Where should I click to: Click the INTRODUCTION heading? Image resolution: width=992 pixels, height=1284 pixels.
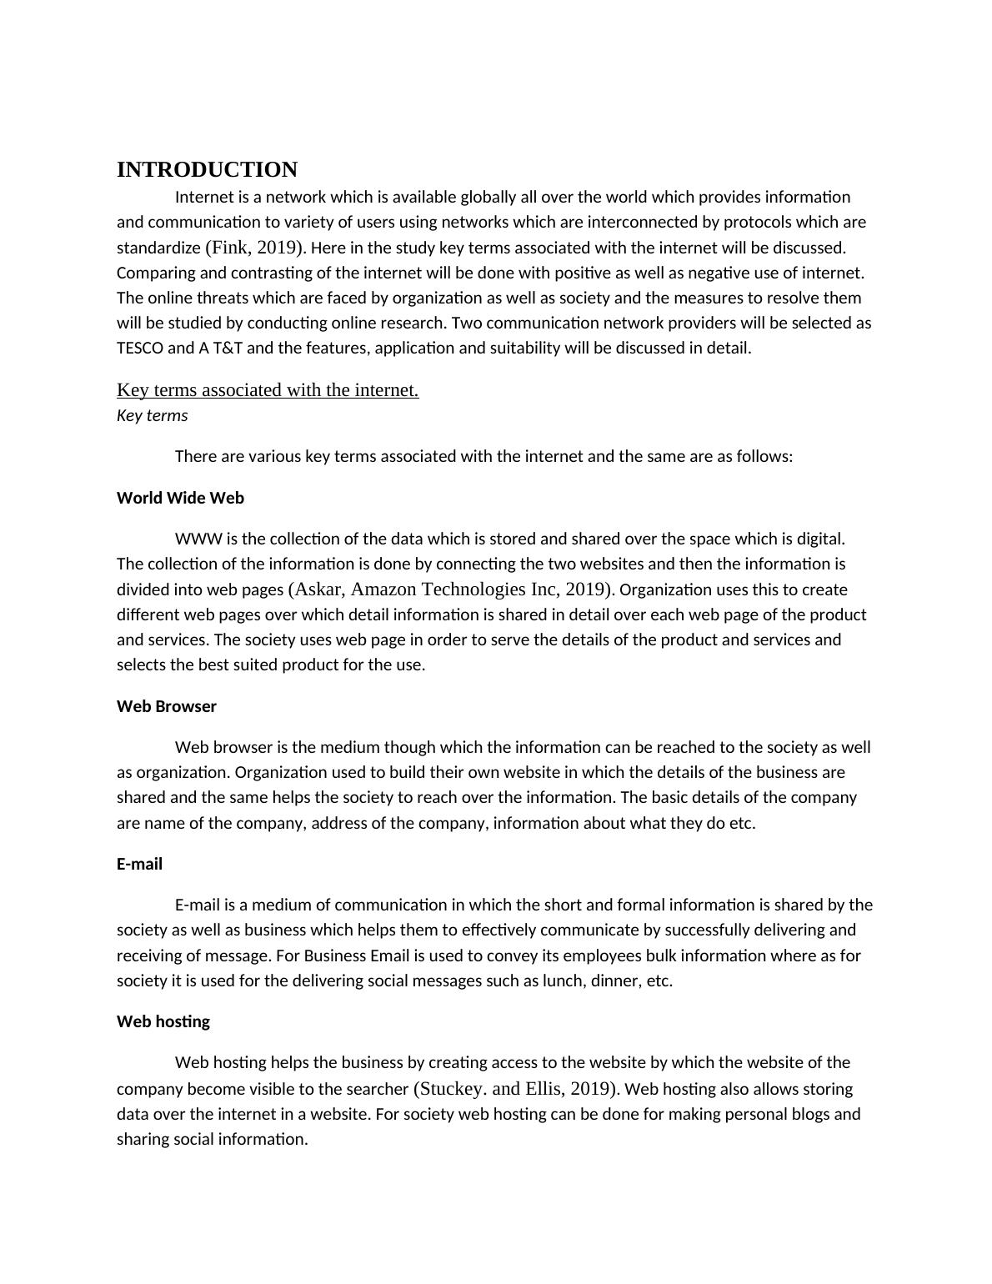click(x=207, y=170)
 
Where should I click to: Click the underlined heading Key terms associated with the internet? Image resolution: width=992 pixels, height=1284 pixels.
click(x=268, y=389)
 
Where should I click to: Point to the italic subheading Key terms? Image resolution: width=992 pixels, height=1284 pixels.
click(x=152, y=415)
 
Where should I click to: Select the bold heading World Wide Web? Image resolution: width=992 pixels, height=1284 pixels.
click(x=180, y=498)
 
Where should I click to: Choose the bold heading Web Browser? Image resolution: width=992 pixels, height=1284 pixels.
click(x=167, y=706)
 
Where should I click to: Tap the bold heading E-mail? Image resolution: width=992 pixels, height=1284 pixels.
click(x=139, y=864)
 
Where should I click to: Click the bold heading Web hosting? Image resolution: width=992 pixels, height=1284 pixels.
click(x=163, y=1021)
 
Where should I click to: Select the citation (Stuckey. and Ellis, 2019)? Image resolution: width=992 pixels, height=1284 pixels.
click(x=516, y=1089)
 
